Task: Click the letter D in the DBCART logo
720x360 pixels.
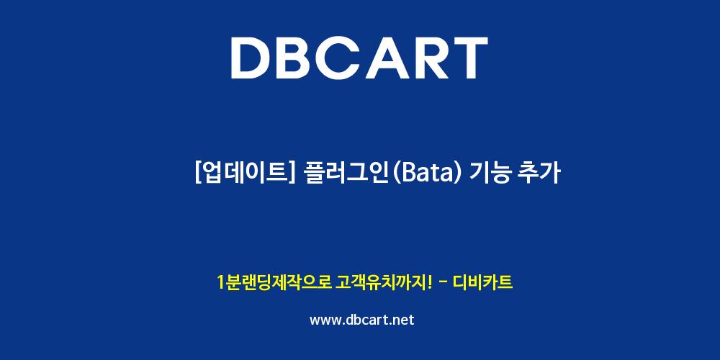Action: tap(251, 58)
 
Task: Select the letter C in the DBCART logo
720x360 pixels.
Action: tap(346, 58)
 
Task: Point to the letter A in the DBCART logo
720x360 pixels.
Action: tap(394, 58)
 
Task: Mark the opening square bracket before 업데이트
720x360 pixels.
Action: tap(198, 174)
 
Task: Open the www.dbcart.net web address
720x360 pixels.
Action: tap(362, 320)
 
